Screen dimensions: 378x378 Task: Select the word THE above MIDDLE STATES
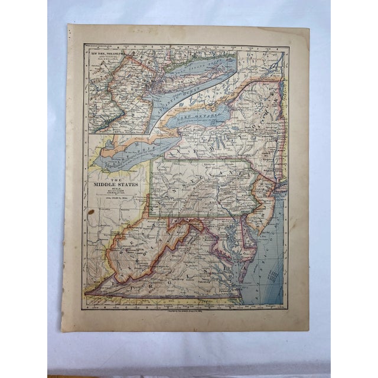point(116,178)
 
